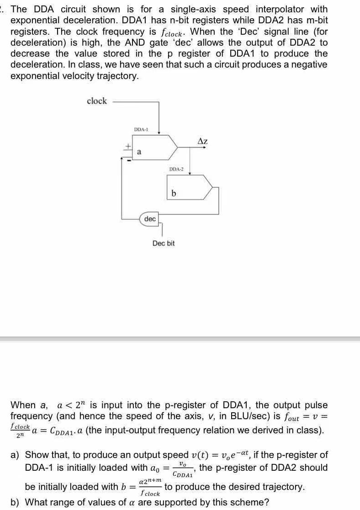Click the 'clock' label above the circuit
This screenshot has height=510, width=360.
(x=96, y=101)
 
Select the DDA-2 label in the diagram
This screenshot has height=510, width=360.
(x=176, y=169)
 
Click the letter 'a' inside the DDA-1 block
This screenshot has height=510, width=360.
(x=139, y=151)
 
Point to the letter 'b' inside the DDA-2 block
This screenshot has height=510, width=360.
(x=174, y=194)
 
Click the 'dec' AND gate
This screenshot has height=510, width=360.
(x=150, y=219)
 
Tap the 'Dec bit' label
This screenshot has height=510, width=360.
(x=164, y=243)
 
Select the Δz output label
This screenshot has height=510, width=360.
(x=202, y=142)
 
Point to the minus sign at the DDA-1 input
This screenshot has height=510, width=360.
(x=129, y=159)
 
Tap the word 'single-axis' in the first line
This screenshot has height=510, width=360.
(x=194, y=10)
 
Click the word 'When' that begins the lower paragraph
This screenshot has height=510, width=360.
(x=22, y=405)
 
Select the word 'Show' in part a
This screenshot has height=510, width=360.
(x=37, y=455)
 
